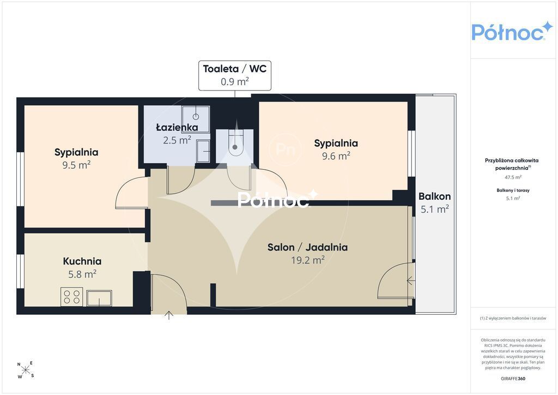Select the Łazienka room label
tap(177, 127)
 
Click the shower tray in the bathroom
tap(196, 115)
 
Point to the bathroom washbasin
tap(203, 151)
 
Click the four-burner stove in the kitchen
tap(71, 297)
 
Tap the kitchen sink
tap(99, 298)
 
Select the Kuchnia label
tap(82, 261)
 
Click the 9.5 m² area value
tap(76, 165)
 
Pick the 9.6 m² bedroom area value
tap(336, 155)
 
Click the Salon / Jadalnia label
tap(307, 247)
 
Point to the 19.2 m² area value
tap(308, 260)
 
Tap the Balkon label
tap(434, 196)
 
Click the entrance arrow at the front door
tap(169, 315)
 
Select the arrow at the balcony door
tap(411, 281)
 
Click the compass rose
tap(26, 370)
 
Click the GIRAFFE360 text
tap(513, 379)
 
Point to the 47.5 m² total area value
tap(513, 177)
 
